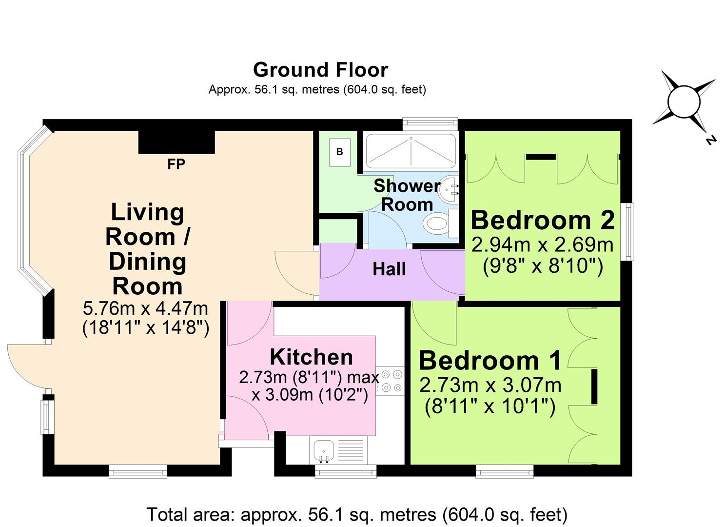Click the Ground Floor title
pyautogui.click(x=320, y=70)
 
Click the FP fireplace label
pyautogui.click(x=176, y=164)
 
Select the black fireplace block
pyautogui.click(x=176, y=142)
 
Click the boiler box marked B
pyautogui.click(x=339, y=152)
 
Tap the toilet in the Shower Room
pyautogui.click(x=437, y=226)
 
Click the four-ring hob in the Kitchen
pyautogui.click(x=391, y=381)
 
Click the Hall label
pyautogui.click(x=389, y=269)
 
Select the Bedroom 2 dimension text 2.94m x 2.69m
pyautogui.click(x=542, y=244)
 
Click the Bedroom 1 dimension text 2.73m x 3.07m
pyautogui.click(x=490, y=385)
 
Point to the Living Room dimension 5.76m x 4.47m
pyautogui.click(x=146, y=308)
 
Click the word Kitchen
pyautogui.click(x=311, y=357)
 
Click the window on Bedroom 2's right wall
pyautogui.click(x=630, y=231)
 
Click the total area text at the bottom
pyautogui.click(x=357, y=515)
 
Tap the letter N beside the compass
pyautogui.click(x=710, y=141)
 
